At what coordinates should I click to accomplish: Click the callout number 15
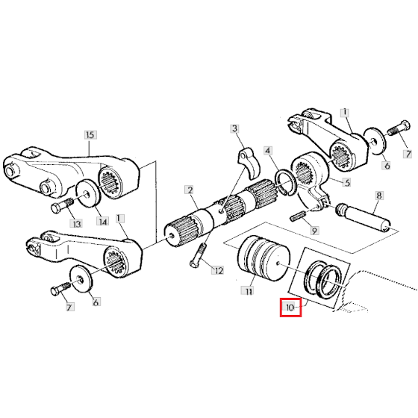coord(90,134)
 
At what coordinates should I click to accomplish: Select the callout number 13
coord(76,224)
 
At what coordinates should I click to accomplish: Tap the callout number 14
coord(103,221)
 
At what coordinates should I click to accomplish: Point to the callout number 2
coord(190,190)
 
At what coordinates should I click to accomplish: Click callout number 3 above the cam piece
coord(234,128)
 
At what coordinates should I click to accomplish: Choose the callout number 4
coord(268,151)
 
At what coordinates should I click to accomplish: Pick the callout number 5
coord(347,183)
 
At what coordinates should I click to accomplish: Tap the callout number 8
coord(379,196)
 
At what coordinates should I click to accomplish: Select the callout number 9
coord(314,231)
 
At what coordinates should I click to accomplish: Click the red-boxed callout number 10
coord(290,308)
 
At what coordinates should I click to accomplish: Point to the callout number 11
coord(249,291)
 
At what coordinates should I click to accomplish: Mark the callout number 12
coord(218,271)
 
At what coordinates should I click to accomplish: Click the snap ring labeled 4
coord(285,183)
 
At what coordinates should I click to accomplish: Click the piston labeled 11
coord(263,258)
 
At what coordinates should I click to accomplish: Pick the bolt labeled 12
coord(198,255)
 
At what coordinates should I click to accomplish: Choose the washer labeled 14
coord(88,193)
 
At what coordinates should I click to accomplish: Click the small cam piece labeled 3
coord(249,163)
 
